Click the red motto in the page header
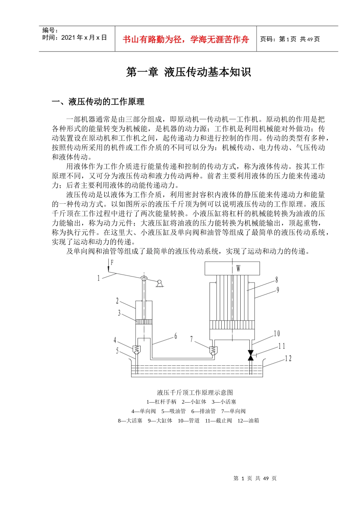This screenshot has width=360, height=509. point(186,39)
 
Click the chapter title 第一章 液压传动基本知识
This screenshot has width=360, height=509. point(188,72)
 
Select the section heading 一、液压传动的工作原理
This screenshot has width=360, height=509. point(98,102)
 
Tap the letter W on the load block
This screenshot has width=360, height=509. point(238,269)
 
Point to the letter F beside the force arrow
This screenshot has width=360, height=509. point(112,262)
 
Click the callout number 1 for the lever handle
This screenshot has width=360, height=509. point(99,278)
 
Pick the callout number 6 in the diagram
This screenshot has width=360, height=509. point(175,336)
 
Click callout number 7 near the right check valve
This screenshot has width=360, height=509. point(192,339)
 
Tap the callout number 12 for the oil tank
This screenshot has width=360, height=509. point(288,358)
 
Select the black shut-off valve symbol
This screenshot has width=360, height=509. point(250,355)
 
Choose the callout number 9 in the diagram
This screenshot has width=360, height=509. point(278,290)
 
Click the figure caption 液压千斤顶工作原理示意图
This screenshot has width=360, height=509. point(195,393)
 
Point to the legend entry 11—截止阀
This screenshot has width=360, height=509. point(218,421)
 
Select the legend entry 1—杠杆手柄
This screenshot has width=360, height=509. point(161,402)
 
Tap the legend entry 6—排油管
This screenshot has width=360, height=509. point(203,411)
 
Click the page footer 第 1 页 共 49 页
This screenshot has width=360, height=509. point(255,478)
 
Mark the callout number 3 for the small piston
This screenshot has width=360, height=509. point(119,313)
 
